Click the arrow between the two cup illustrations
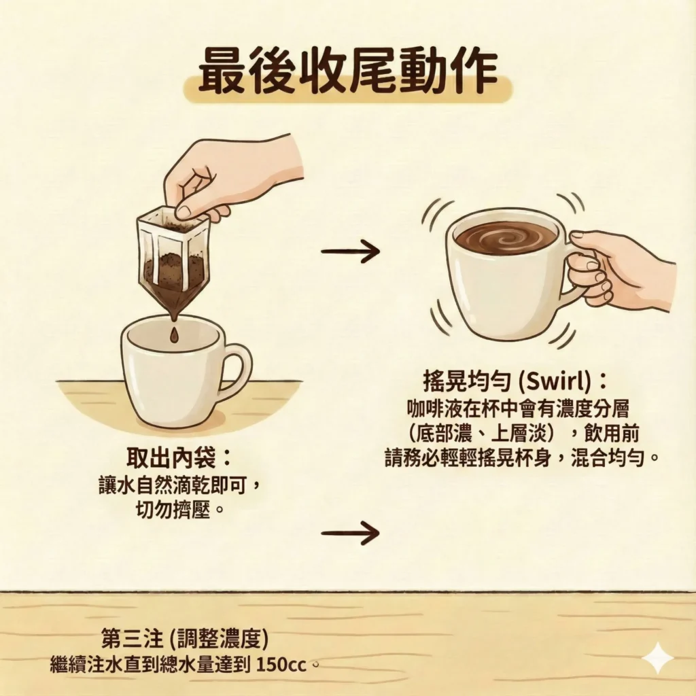click(350, 251)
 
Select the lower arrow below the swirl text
click(350, 532)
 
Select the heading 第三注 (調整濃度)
click(185, 639)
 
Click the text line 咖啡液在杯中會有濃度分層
click(518, 408)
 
